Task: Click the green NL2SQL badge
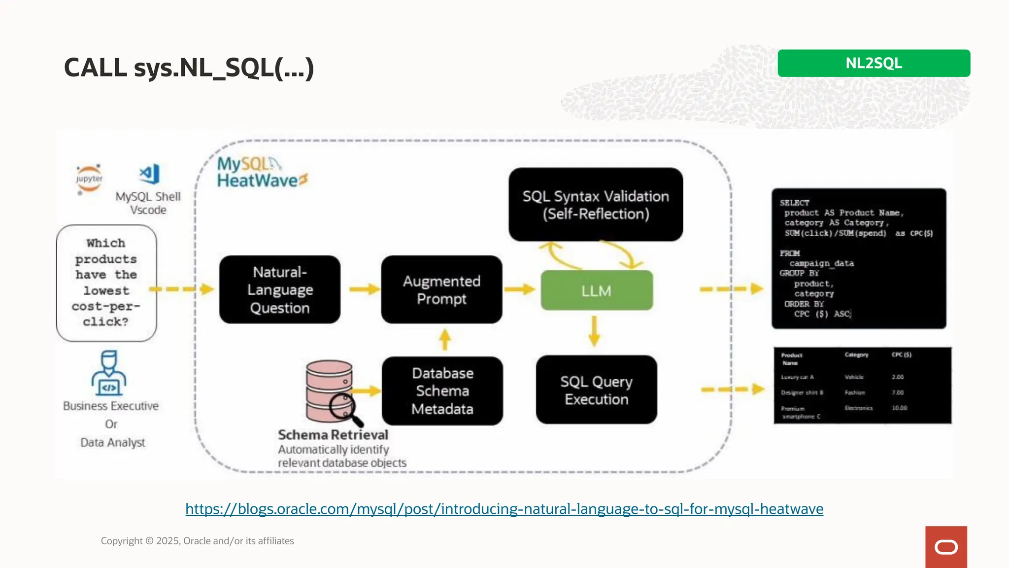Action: pyautogui.click(x=874, y=63)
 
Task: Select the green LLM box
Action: pyautogui.click(x=597, y=290)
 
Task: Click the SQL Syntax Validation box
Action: pyautogui.click(x=596, y=205)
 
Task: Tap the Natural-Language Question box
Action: pyautogui.click(x=280, y=290)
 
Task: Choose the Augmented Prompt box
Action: pyautogui.click(x=441, y=290)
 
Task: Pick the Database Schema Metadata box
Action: pyautogui.click(x=442, y=391)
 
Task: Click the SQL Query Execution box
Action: pyautogui.click(x=596, y=390)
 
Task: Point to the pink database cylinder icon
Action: pyautogui.click(x=329, y=390)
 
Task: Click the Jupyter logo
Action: pyautogui.click(x=89, y=179)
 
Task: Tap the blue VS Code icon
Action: pyautogui.click(x=150, y=174)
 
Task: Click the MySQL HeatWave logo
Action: pyautogui.click(x=261, y=173)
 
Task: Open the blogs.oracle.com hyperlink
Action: pyautogui.click(x=504, y=509)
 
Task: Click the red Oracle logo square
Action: pyautogui.click(x=946, y=547)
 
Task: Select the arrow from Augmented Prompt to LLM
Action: pyautogui.click(x=520, y=289)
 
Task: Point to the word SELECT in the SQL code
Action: pyautogui.click(x=794, y=203)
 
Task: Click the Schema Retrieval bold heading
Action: pyautogui.click(x=333, y=435)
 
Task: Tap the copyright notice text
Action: pyautogui.click(x=197, y=541)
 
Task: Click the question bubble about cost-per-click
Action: pyautogui.click(x=106, y=283)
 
